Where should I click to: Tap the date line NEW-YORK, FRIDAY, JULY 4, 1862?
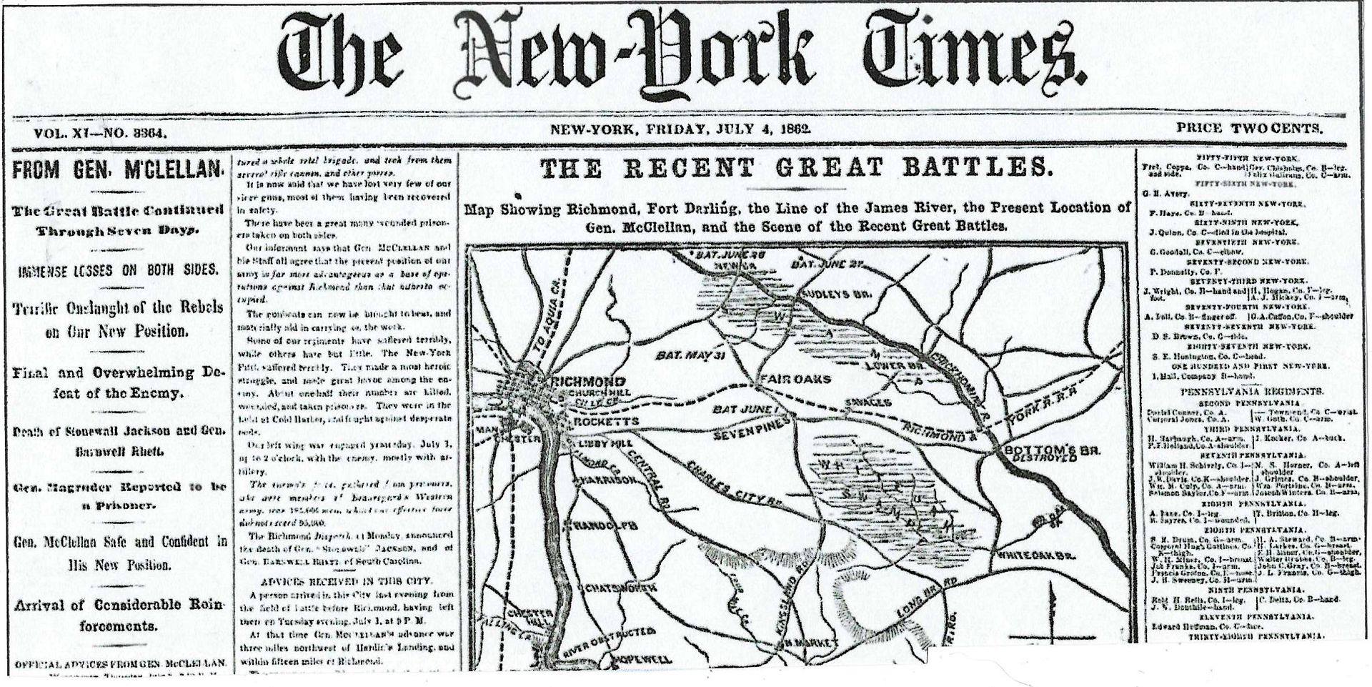pos(679,129)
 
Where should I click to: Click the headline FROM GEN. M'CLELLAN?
pos(119,170)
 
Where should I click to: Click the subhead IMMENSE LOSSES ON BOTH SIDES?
pos(119,270)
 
